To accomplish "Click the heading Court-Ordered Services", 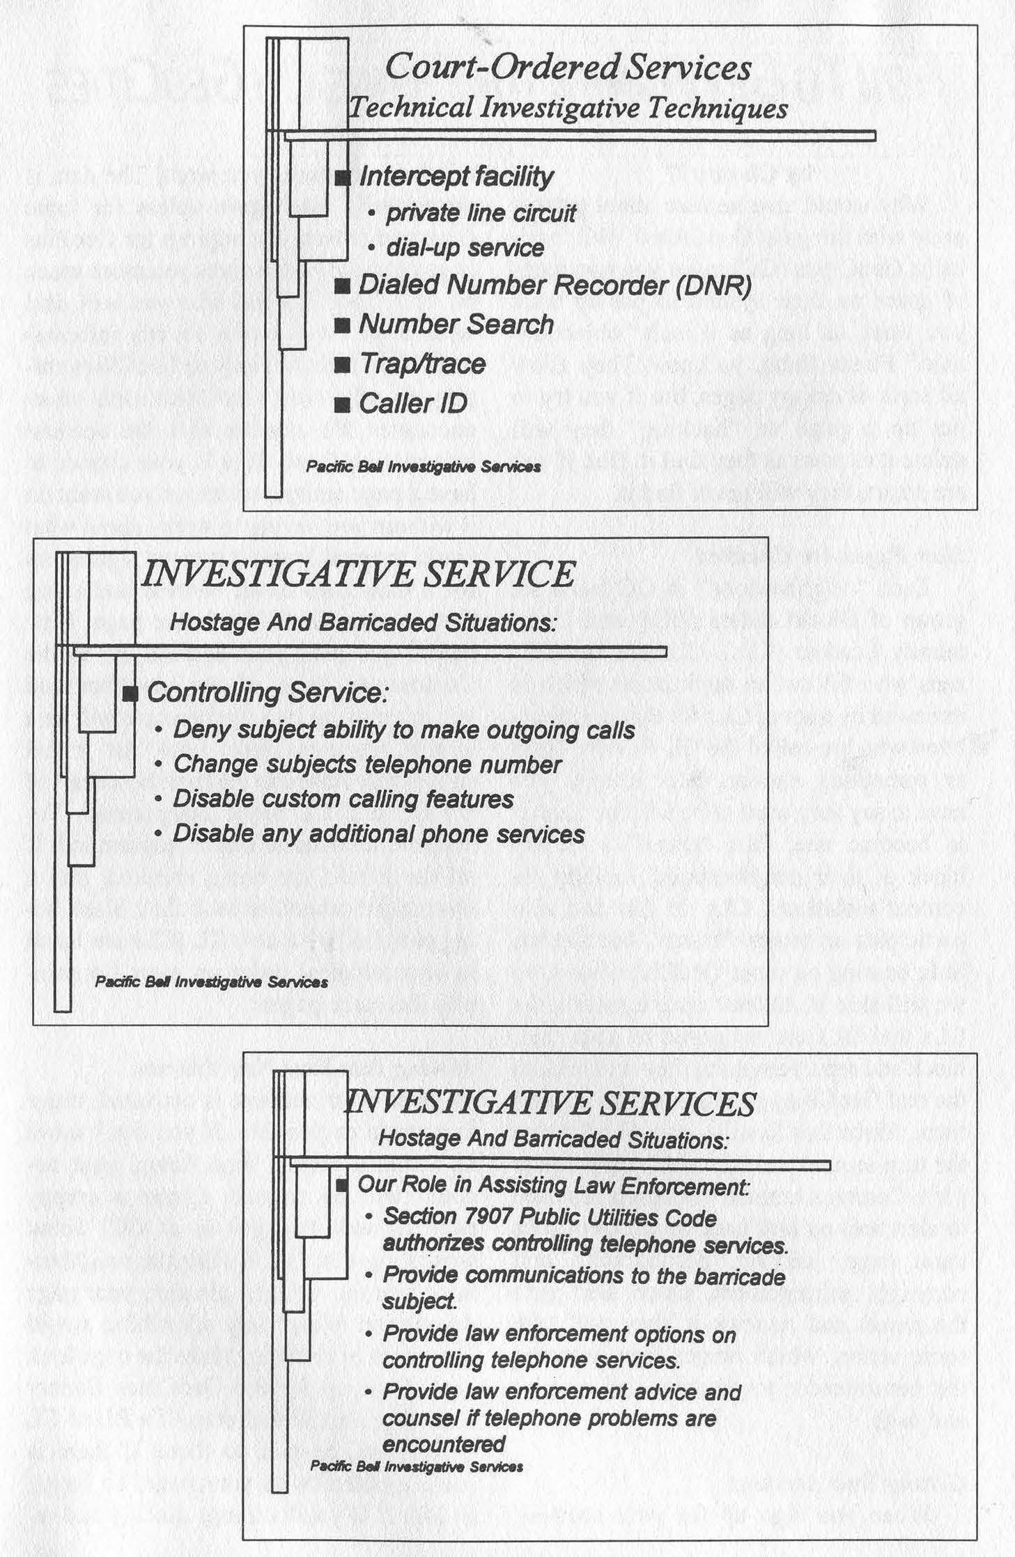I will tap(568, 68).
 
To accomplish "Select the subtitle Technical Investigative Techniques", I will tap(568, 108).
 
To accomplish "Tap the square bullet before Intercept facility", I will tap(342, 178).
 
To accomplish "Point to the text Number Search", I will tap(456, 324).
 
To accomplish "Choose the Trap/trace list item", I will tap(421, 364).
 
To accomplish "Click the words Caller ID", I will tap(412, 404).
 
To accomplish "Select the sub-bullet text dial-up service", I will tap(465, 248).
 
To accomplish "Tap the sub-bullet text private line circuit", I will tap(481, 213).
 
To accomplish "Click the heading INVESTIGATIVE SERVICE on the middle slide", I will tap(358, 574).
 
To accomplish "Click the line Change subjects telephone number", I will tap(367, 765).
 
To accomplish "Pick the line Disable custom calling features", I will tap(343, 799).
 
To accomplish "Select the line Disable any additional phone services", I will tap(378, 834).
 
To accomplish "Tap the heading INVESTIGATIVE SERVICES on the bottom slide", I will tap(550, 1104).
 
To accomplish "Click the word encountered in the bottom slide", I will tap(443, 1444).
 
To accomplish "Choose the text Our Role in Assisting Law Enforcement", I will tap(553, 1185).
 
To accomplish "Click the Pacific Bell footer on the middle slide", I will tap(211, 982).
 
